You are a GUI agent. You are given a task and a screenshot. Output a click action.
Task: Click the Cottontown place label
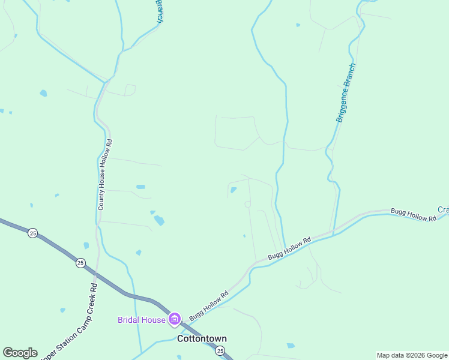pos(202,338)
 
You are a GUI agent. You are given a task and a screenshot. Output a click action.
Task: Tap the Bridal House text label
pos(141,320)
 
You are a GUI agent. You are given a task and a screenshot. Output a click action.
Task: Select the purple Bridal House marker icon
pos(175,319)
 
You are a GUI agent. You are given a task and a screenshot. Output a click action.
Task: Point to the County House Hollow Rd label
pos(106,174)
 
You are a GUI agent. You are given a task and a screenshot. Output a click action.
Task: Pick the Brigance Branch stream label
pos(346,92)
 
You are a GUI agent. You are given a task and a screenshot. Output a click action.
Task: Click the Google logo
pos(20,353)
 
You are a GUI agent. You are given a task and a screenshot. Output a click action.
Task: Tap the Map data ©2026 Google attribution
pos(412,356)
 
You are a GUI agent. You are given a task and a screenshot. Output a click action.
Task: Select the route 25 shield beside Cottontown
pos(220,350)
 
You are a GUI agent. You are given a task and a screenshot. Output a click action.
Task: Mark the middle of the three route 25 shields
pos(80,262)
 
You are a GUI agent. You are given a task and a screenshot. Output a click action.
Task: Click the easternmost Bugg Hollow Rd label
pos(413,215)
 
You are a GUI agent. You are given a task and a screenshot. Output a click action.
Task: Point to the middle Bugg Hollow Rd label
pos(289,248)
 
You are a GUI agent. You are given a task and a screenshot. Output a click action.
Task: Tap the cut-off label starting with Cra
pos(443,209)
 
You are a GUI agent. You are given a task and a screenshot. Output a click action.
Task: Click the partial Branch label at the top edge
pos(159,11)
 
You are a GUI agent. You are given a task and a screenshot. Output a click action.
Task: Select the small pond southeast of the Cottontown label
pos(291,346)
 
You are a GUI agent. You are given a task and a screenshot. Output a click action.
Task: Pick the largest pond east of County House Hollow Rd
pos(158,220)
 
